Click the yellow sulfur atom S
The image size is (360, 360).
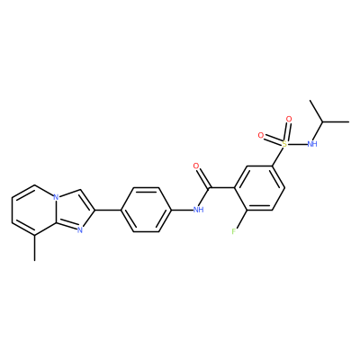[284, 144]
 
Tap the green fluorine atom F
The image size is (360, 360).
[234, 231]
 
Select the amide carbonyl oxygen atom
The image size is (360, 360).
[196, 166]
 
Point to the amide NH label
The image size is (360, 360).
[198, 210]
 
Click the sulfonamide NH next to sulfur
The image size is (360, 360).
[312, 144]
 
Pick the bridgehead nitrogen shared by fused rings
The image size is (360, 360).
[56, 197]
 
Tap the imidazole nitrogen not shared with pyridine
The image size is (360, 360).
[79, 230]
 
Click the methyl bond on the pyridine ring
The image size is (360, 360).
[35, 247]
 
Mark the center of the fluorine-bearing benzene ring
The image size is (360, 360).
[259, 188]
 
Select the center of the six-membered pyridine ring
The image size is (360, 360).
[34, 210]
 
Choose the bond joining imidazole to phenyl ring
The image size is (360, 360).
[108, 210]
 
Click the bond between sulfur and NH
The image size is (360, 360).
[297, 144]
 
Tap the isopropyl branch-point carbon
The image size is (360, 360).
[323, 122]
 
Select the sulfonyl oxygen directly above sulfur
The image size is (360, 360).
[289, 119]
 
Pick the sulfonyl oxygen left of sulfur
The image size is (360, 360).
[261, 136]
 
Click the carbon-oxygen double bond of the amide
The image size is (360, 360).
[202, 177]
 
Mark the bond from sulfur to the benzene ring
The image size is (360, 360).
[278, 155]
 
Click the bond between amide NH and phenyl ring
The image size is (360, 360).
[182, 210]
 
